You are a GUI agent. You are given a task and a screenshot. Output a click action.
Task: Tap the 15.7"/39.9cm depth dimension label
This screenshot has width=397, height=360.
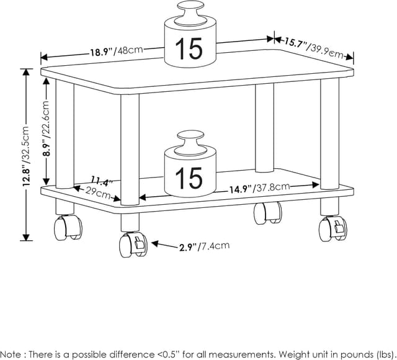tap(314, 47)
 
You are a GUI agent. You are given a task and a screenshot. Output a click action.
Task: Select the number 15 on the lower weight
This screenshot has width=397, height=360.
tap(189, 177)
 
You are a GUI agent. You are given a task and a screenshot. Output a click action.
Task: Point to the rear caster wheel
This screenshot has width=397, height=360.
tap(267, 213)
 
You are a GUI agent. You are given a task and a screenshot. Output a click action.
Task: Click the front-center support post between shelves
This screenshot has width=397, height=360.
tap(130, 149)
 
